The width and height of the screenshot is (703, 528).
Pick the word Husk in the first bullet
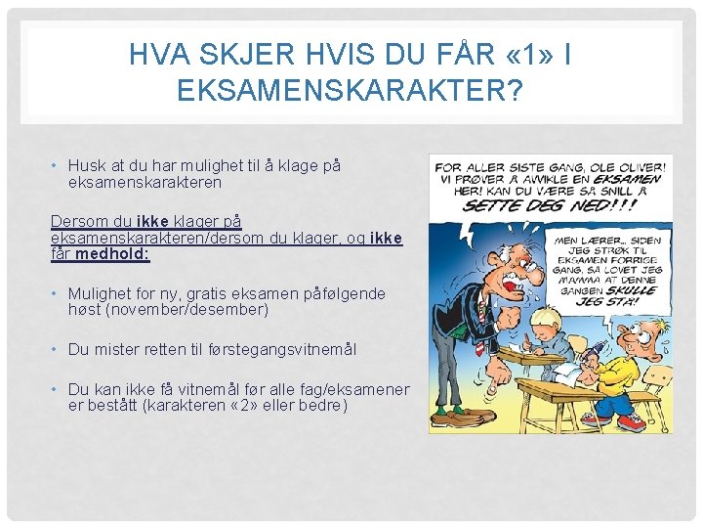point(86,166)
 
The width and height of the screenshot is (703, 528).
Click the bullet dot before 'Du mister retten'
point(57,349)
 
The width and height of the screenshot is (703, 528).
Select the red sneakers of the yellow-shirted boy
point(630,421)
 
